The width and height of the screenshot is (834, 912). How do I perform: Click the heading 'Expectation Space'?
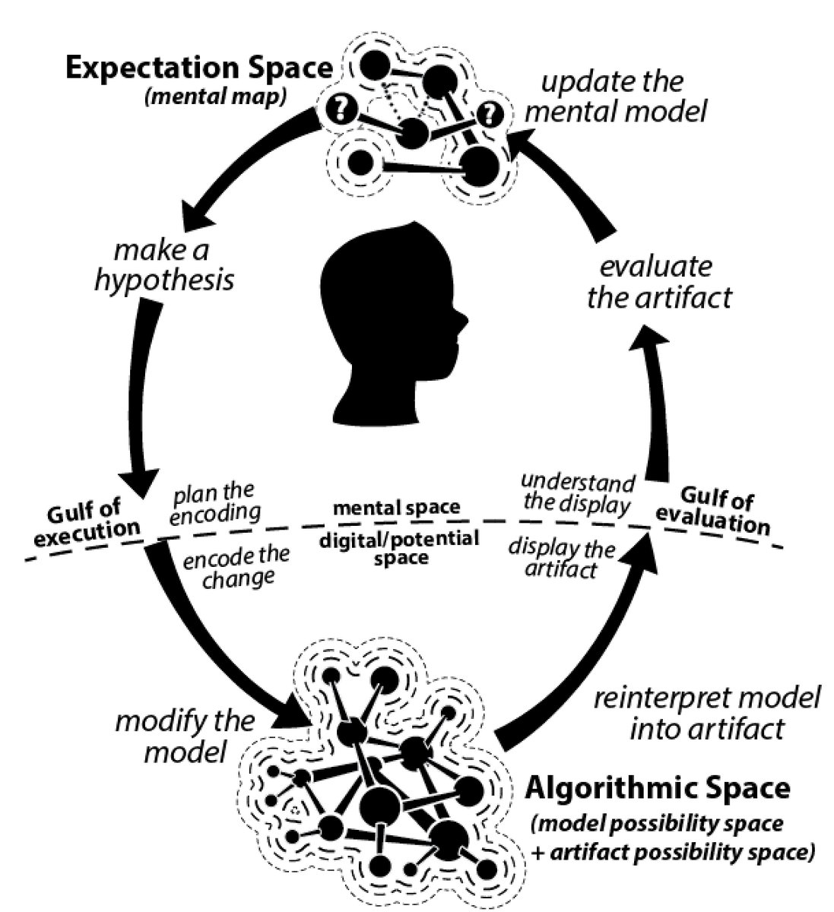(198, 68)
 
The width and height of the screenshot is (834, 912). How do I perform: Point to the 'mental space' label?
(397, 507)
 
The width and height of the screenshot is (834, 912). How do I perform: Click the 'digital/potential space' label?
(399, 548)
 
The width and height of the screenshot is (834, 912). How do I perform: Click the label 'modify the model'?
(185, 736)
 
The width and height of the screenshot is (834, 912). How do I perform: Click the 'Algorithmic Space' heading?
(657, 787)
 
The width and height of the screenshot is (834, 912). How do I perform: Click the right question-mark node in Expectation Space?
(491, 114)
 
